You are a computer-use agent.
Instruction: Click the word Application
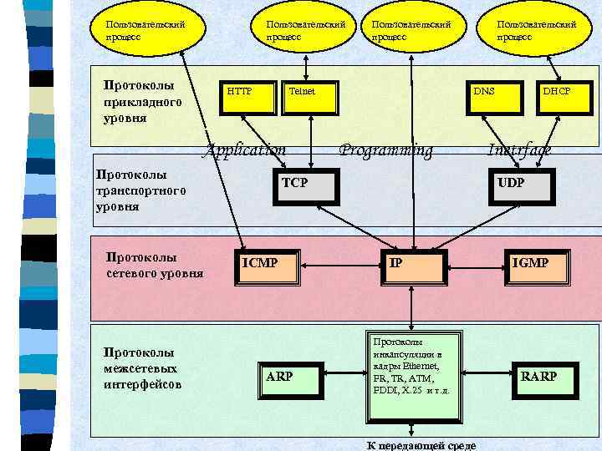tap(246, 150)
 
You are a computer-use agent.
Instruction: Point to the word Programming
tap(386, 150)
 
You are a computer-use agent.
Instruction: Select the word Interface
tap(519, 150)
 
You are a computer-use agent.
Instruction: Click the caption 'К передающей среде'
tap(422, 445)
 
